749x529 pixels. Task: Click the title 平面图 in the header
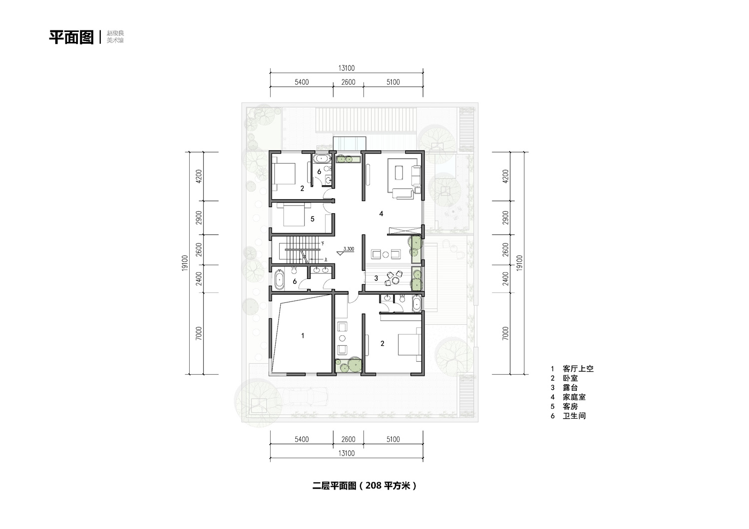(71, 37)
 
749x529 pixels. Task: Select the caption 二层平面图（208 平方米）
(365, 486)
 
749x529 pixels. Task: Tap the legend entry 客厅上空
(578, 369)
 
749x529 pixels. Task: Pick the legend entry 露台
(570, 388)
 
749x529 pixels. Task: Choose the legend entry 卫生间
(574, 416)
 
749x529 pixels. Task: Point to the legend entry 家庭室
(574, 397)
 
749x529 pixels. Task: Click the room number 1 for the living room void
(303, 335)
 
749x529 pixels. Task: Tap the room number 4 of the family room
(381, 214)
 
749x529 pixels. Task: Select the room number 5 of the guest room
(312, 219)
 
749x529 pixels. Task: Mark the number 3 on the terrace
(376, 278)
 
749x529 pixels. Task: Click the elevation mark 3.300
(349, 249)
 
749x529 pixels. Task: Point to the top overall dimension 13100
(347, 68)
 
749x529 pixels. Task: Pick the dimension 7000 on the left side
(199, 333)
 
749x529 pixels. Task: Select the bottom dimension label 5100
(393, 439)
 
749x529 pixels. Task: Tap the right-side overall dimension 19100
(519, 263)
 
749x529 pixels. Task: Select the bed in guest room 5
(294, 216)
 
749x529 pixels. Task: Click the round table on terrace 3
(396, 280)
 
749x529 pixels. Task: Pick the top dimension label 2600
(348, 82)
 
